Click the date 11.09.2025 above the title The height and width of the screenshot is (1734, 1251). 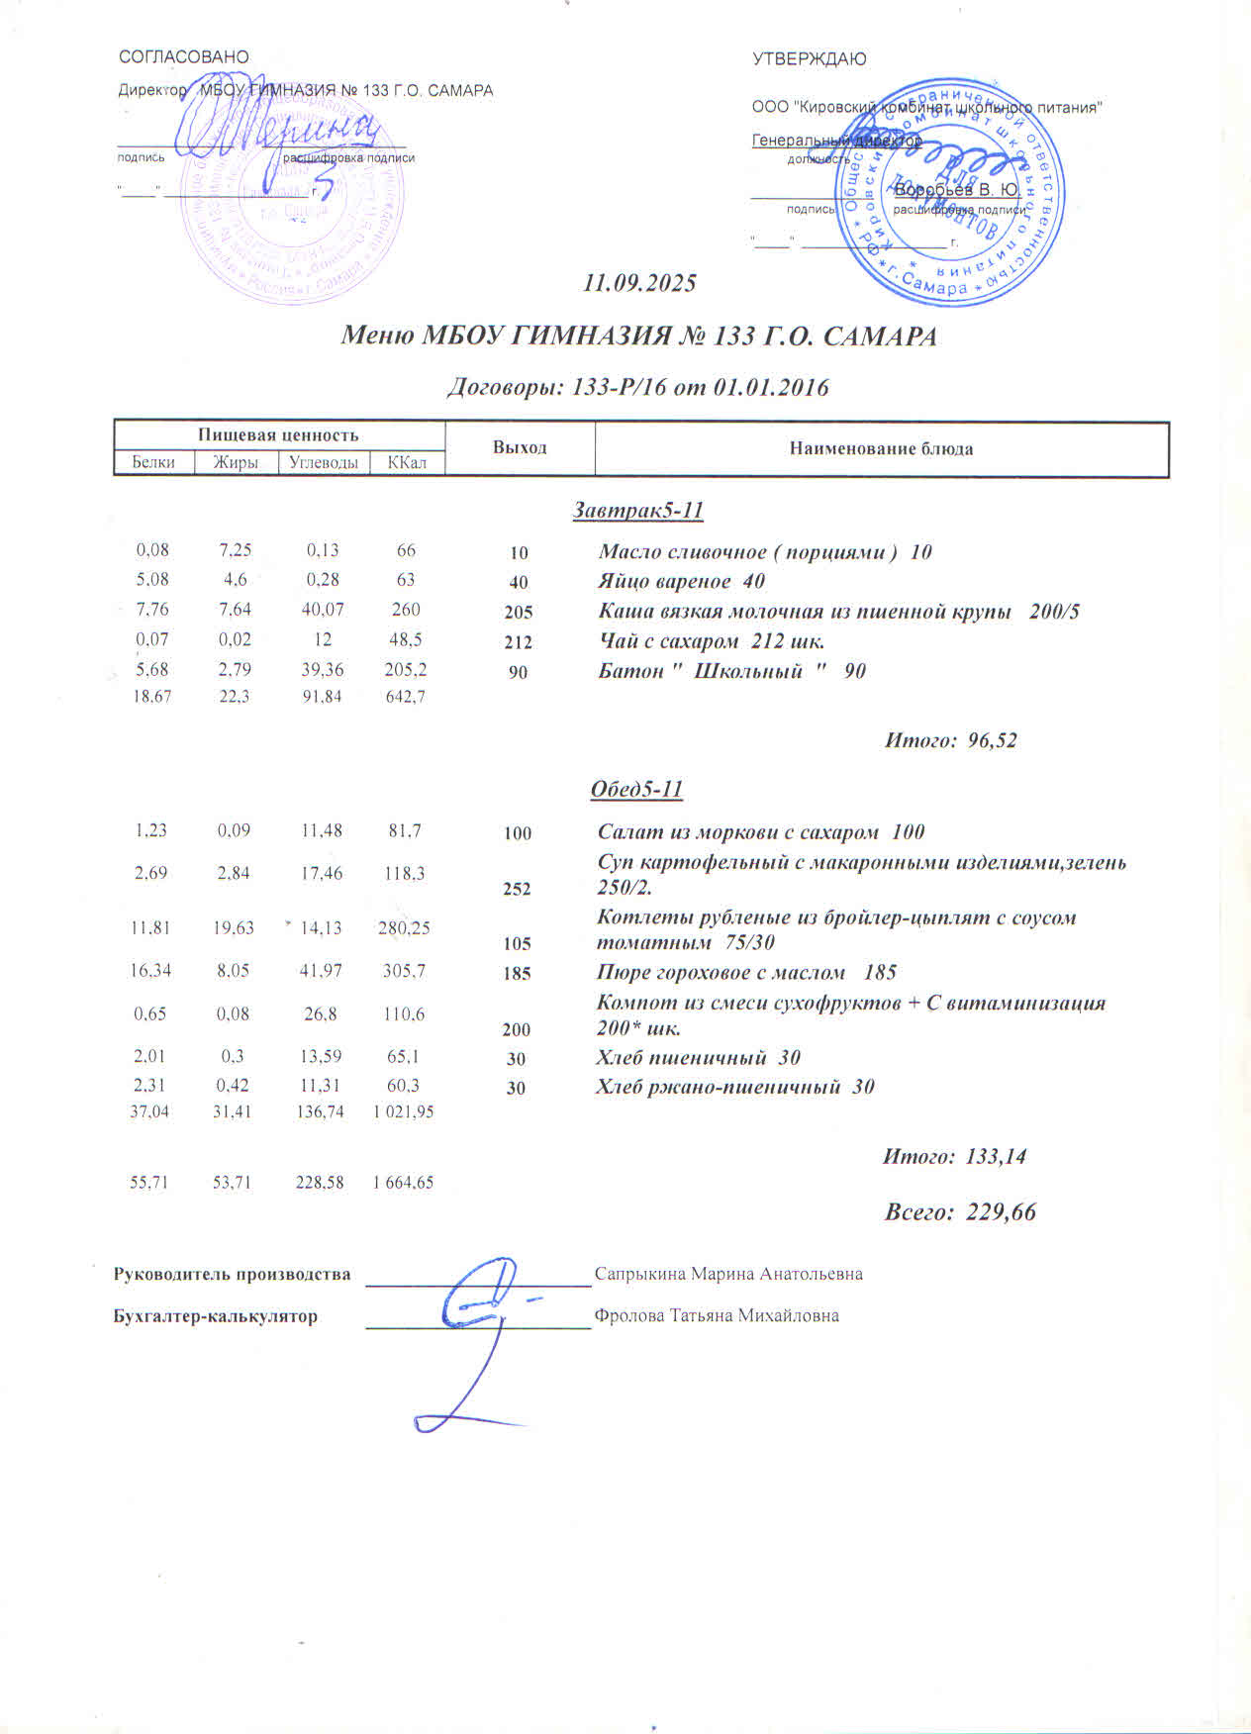640,283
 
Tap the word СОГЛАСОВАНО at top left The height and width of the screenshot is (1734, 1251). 184,57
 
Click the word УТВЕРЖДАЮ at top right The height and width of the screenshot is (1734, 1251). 809,59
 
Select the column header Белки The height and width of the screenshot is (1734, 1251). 153,462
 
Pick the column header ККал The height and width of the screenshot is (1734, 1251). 407,462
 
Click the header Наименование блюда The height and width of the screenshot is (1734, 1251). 881,449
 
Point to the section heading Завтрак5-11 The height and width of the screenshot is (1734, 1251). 638,511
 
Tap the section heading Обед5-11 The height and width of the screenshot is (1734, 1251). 636,789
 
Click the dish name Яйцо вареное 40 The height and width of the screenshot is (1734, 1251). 681,581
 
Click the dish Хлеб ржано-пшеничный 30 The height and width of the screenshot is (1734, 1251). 734,1087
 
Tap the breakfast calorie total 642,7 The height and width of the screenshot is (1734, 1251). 405,697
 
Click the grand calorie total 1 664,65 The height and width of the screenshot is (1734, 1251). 403,1182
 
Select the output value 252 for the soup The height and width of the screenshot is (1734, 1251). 517,889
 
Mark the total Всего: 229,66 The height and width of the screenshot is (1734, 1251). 959,1212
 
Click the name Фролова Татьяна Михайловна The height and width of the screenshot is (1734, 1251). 717,1316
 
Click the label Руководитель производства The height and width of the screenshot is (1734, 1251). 233,1274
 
